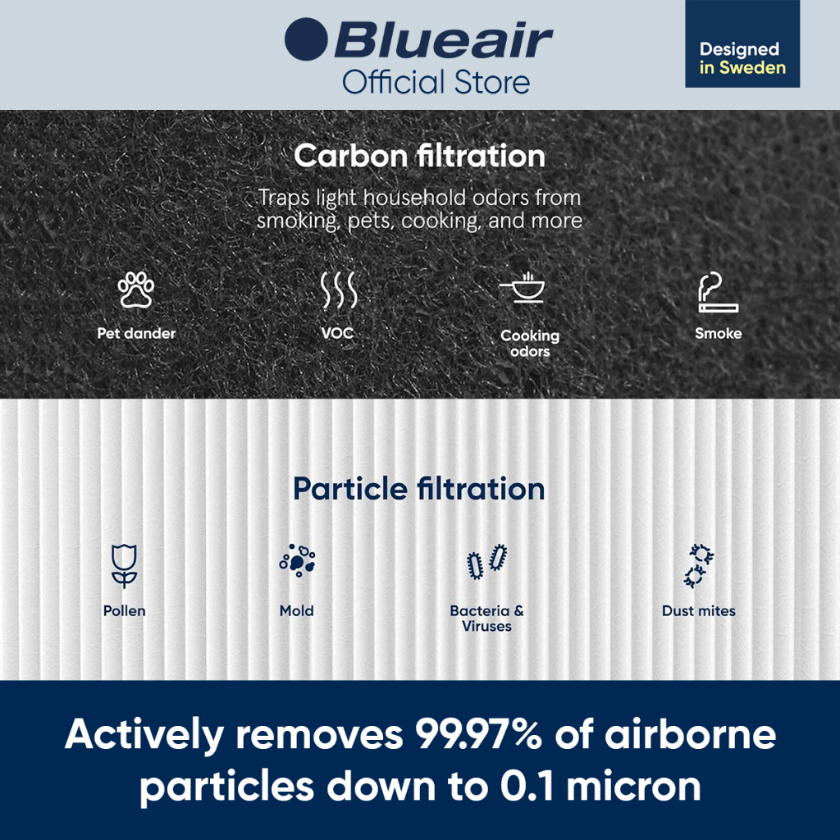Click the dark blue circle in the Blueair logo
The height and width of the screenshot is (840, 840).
306,39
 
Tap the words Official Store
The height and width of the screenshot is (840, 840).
436,83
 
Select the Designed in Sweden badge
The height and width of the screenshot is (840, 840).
742,43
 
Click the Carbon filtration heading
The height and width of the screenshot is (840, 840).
419,156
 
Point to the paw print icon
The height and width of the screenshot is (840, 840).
136,290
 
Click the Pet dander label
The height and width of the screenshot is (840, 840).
136,333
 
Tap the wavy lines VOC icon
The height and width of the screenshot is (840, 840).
338,290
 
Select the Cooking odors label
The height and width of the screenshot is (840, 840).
530,343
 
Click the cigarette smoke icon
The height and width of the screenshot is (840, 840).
718,292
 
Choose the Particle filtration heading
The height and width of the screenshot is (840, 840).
419,489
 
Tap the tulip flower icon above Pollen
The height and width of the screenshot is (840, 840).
125,566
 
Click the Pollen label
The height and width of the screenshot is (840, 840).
125,610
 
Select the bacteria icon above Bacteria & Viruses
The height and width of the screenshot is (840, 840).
487,562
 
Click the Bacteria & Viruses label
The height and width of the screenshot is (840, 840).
487,619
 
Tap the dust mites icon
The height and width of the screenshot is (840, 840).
699,566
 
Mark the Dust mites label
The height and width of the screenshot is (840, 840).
699,610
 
